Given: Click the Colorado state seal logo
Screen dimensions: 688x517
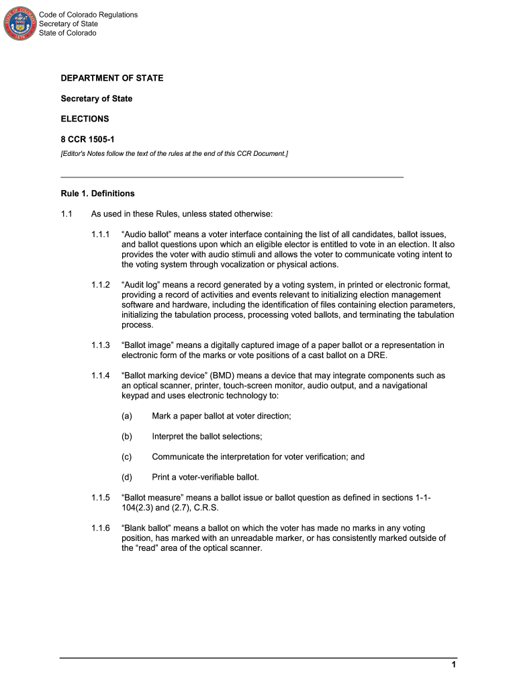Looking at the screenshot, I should coord(20,23).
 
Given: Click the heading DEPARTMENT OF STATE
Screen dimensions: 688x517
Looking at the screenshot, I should coord(112,79).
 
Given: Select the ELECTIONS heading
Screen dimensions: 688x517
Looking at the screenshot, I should coord(85,119).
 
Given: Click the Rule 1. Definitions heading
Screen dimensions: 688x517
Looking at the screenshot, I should coord(97,193).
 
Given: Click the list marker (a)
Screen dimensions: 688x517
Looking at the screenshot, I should coord(127,416).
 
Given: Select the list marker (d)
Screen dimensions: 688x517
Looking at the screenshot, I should coord(127,477).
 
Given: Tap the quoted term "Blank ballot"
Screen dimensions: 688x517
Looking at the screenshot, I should coord(146,528).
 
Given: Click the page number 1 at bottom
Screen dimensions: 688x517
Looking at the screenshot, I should coord(454,665).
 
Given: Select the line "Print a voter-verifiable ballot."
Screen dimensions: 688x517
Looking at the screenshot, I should coord(205,477).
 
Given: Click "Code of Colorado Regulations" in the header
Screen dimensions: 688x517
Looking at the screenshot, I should coord(88,15).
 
